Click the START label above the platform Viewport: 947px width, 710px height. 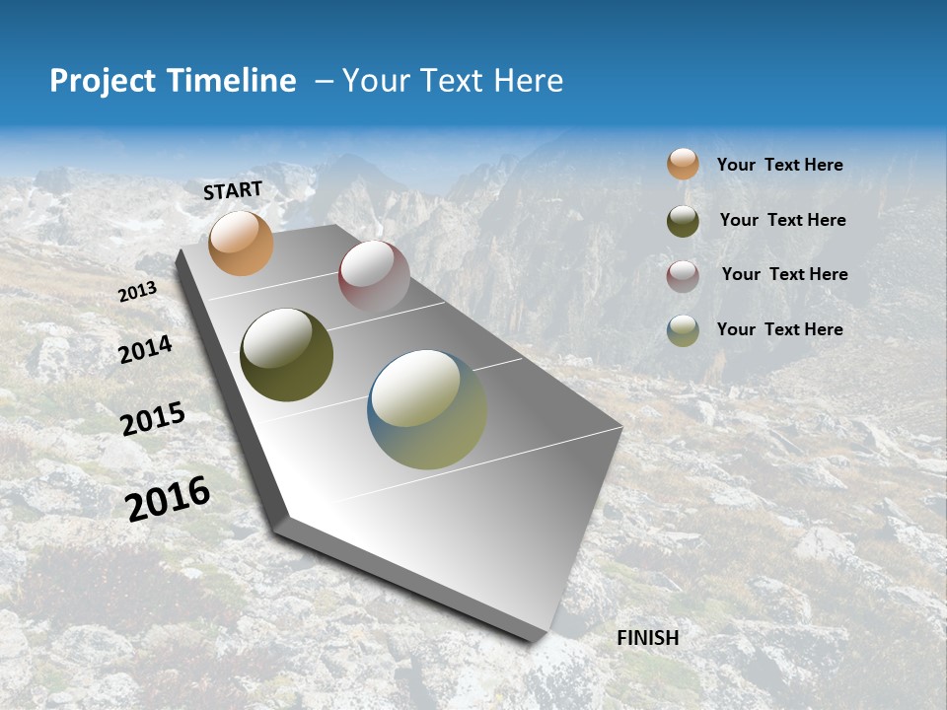(233, 190)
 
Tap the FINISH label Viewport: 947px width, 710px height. (648, 638)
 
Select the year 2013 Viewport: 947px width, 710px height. (137, 292)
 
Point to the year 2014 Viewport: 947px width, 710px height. (145, 349)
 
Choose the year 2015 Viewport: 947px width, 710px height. (152, 419)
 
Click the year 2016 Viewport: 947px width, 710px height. (168, 498)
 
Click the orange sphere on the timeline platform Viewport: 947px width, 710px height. (241, 243)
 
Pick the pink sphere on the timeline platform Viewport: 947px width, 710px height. (374, 276)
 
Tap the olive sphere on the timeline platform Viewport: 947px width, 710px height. (286, 355)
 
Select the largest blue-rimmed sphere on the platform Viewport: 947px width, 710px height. (427, 409)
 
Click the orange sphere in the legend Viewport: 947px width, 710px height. (683, 165)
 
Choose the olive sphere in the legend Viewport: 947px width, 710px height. (683, 221)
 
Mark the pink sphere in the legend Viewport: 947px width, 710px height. (683, 276)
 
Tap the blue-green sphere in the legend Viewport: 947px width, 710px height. (683, 330)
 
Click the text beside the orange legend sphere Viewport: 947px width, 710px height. (779, 165)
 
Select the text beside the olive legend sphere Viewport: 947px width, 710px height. (782, 220)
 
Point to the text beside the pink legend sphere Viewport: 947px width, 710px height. (784, 274)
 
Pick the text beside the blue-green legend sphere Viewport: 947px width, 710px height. (779, 329)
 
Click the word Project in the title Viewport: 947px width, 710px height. (102, 81)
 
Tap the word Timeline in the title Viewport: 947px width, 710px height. (237, 81)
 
